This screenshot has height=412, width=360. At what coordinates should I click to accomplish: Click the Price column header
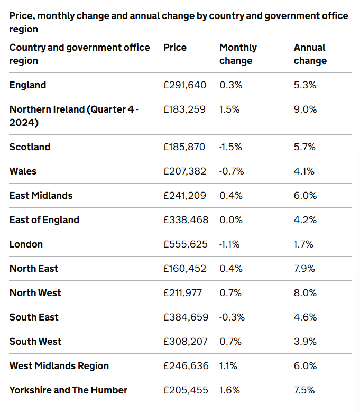click(175, 48)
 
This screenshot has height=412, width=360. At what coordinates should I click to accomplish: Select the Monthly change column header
click(238, 54)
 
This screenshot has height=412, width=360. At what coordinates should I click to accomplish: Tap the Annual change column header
click(310, 54)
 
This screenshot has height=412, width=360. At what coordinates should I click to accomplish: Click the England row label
click(27, 85)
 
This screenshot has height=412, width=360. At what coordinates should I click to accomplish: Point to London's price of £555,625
click(185, 244)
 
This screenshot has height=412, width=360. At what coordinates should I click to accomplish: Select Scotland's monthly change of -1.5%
click(230, 147)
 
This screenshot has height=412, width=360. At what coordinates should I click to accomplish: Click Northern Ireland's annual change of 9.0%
click(305, 109)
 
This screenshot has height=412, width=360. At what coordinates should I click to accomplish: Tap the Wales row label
click(23, 171)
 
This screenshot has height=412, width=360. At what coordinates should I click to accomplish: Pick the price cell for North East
click(185, 269)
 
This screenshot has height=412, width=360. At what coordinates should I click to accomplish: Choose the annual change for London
click(303, 244)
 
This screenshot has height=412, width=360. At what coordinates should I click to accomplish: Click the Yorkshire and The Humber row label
click(68, 390)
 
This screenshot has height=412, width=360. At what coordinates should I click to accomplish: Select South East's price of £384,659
click(185, 317)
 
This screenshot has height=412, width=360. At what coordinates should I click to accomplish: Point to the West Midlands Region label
click(59, 366)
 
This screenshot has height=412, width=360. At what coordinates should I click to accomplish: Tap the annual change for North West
click(305, 293)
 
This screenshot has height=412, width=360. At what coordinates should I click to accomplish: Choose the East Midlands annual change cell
click(305, 196)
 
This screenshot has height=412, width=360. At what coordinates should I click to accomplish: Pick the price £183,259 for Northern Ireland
click(184, 109)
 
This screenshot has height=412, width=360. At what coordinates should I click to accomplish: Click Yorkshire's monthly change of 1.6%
click(229, 390)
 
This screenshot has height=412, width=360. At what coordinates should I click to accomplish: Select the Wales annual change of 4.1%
click(304, 171)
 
